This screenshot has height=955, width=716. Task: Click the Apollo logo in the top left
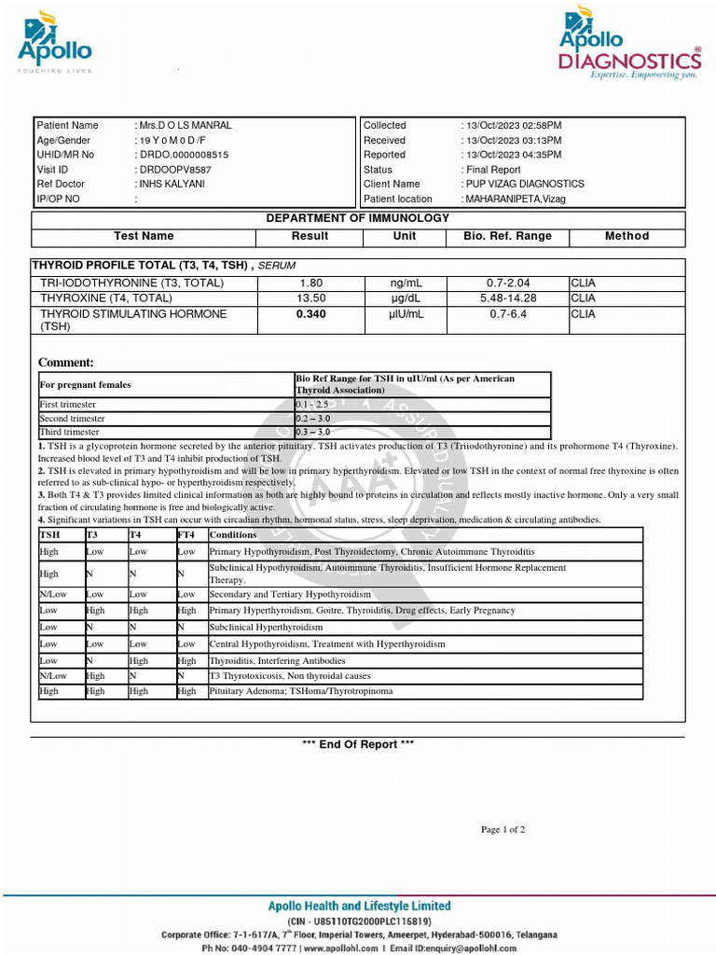click(55, 43)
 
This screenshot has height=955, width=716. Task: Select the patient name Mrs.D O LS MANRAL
click(185, 125)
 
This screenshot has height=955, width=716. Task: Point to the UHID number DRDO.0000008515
click(184, 155)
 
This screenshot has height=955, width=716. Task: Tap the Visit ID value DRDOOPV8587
click(174, 170)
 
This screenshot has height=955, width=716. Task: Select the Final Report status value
click(492, 170)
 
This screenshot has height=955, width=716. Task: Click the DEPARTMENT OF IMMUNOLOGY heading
click(358, 218)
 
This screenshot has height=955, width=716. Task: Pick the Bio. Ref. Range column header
click(507, 236)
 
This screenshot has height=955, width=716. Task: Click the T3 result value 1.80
click(310, 283)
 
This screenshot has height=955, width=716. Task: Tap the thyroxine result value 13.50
click(310, 298)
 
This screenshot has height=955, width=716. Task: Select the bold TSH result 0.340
click(310, 314)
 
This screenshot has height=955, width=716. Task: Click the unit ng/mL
click(406, 283)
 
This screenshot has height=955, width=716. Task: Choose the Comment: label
click(65, 363)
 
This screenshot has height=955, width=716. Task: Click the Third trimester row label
click(69, 433)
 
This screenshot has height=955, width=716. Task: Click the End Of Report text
click(358, 744)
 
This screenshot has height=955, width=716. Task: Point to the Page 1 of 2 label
click(503, 829)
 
